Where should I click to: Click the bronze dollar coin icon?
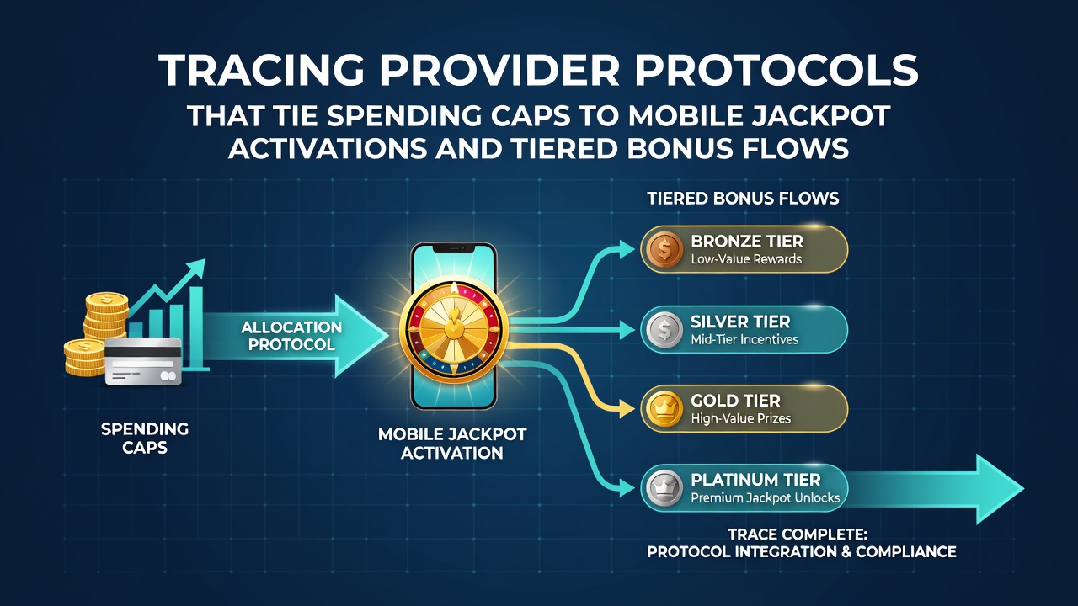tap(664, 250)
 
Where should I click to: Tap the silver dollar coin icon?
tap(664, 330)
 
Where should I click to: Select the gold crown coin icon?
tap(664, 409)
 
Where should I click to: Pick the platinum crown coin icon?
tap(664, 488)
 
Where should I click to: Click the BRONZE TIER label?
tap(747, 241)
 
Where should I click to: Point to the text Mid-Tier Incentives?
tap(744, 339)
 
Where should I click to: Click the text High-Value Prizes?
tap(740, 418)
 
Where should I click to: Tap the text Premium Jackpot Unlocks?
tap(766, 497)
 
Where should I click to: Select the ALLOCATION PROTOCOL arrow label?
tap(291, 336)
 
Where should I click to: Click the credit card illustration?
tap(143, 361)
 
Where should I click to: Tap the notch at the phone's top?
tap(453, 248)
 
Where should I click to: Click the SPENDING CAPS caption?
tap(144, 439)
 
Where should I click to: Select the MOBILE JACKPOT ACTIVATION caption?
tap(452, 444)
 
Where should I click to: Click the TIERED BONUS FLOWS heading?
tap(743, 198)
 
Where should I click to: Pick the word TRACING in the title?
tap(261, 71)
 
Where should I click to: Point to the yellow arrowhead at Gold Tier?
tap(627, 409)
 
